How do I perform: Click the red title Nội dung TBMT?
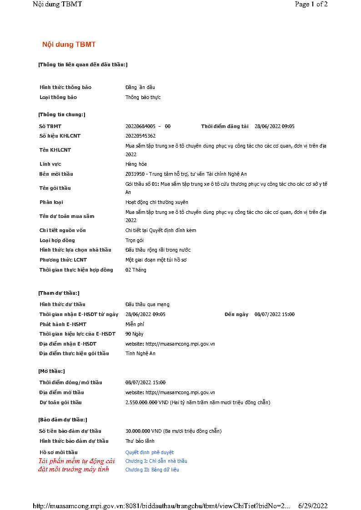pos(69,45)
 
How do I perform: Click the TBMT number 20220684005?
pos(140,126)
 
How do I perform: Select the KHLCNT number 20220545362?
pos(140,136)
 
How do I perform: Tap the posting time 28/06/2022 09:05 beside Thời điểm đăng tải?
pos(274,126)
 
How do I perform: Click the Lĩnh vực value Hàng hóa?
pos(136,164)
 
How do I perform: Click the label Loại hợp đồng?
pos(57,240)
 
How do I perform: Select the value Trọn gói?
pos(134,240)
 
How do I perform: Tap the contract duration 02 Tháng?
pos(136,270)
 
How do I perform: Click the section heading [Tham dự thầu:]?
pos(59,293)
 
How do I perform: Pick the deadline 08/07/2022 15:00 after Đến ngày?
pos(274,314)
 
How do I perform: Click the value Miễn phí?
pos(135,324)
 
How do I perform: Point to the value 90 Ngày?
pos(134,334)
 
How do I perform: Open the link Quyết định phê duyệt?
pos(149,452)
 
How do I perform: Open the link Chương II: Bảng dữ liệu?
pos(152,470)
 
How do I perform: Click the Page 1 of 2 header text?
pos(311,4)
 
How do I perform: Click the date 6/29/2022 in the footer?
pos(313,505)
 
